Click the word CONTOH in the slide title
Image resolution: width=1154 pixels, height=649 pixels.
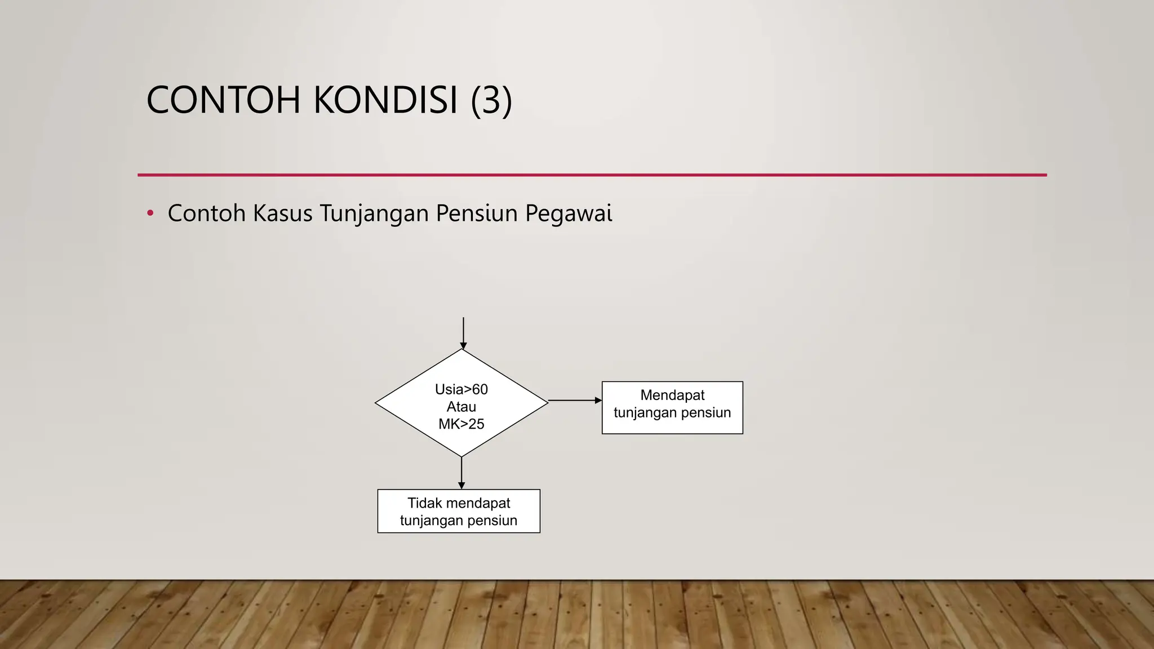223,100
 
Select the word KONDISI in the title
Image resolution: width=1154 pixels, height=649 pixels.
385,100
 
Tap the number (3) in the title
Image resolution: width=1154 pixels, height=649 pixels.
491,100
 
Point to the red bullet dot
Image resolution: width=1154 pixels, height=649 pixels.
150,213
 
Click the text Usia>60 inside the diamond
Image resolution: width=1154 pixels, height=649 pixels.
461,389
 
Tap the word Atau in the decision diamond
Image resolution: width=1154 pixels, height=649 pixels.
461,407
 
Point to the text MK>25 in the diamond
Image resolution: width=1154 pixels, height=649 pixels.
461,424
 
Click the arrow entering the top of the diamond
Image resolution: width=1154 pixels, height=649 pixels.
463,333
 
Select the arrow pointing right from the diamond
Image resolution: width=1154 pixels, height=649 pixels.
575,401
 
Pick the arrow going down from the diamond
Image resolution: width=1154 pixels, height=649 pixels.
461,473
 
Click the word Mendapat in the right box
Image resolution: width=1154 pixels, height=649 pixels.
672,395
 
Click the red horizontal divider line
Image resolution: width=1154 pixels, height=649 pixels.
592,175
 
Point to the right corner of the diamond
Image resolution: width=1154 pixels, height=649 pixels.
547,402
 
